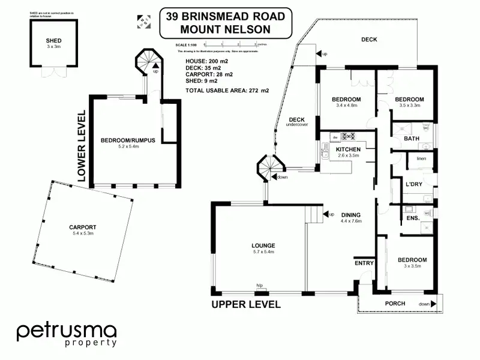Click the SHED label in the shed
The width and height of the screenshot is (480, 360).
pyautogui.click(x=54, y=40)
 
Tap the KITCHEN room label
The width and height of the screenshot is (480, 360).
pyautogui.click(x=348, y=149)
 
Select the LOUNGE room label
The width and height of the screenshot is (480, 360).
pyautogui.click(x=263, y=245)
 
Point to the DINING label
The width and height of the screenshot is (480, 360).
pyautogui.click(x=351, y=214)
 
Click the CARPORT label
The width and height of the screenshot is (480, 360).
pyautogui.click(x=83, y=227)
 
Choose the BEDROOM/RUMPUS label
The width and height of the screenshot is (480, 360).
pyautogui.click(x=128, y=140)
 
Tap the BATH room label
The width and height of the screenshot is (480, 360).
pyautogui.click(x=412, y=139)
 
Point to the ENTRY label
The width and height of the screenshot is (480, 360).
pyautogui.click(x=364, y=263)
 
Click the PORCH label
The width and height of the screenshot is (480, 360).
pyautogui.click(x=395, y=303)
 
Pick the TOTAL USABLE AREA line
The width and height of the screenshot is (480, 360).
pyautogui.click(x=227, y=91)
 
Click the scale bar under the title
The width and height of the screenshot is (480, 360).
pyautogui.click(x=230, y=44)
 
